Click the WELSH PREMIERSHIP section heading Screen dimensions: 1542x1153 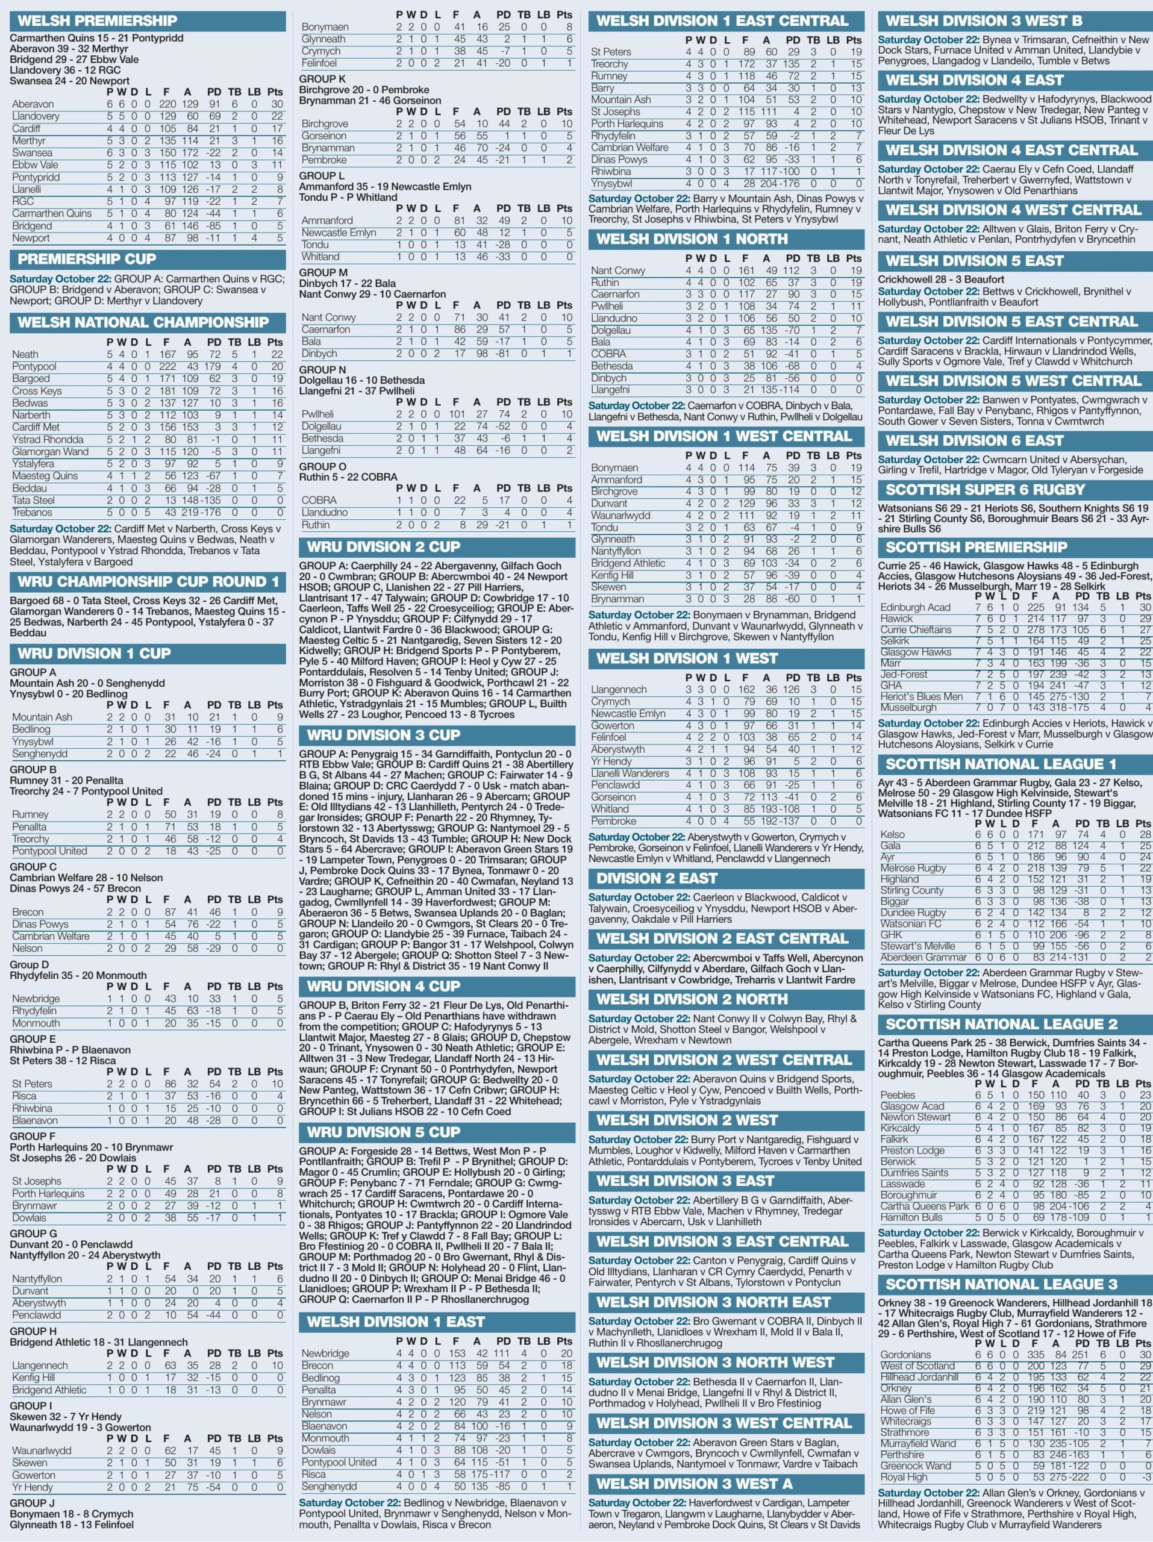click(98, 20)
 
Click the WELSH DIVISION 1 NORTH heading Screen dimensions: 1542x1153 click(692, 239)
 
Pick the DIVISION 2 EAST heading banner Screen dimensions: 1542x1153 click(657, 878)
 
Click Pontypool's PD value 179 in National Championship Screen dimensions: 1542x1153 click(213, 367)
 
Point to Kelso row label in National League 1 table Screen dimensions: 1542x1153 click(892, 834)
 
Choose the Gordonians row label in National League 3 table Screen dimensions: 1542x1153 click(905, 1355)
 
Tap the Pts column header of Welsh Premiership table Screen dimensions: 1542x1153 click(275, 92)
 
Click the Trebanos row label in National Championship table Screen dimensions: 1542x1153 click(32, 513)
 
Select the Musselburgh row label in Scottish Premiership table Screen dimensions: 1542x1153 click(908, 708)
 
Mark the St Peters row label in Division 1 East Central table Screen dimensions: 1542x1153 click(611, 52)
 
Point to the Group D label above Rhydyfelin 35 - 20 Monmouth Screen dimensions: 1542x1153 click(30, 965)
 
